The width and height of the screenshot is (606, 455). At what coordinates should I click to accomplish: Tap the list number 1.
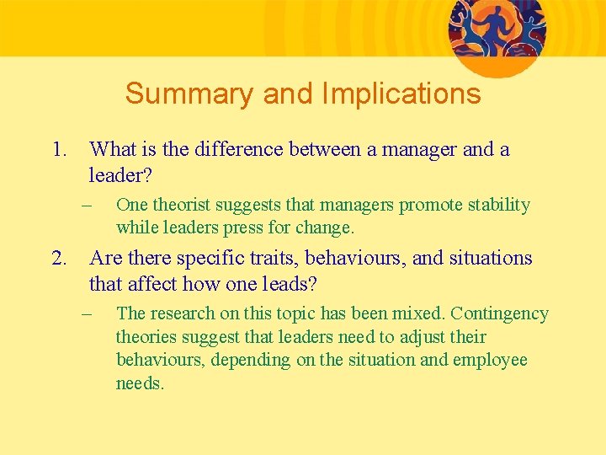coord(58,150)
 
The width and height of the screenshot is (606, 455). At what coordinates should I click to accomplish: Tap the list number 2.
coord(58,258)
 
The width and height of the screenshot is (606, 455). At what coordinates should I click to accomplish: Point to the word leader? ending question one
coord(126,176)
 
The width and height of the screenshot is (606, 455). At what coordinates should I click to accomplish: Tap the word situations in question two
coord(489,258)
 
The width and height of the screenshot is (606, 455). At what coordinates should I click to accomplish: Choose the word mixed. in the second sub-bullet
coord(421,313)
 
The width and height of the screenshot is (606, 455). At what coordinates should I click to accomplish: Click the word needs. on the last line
coord(140,383)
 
